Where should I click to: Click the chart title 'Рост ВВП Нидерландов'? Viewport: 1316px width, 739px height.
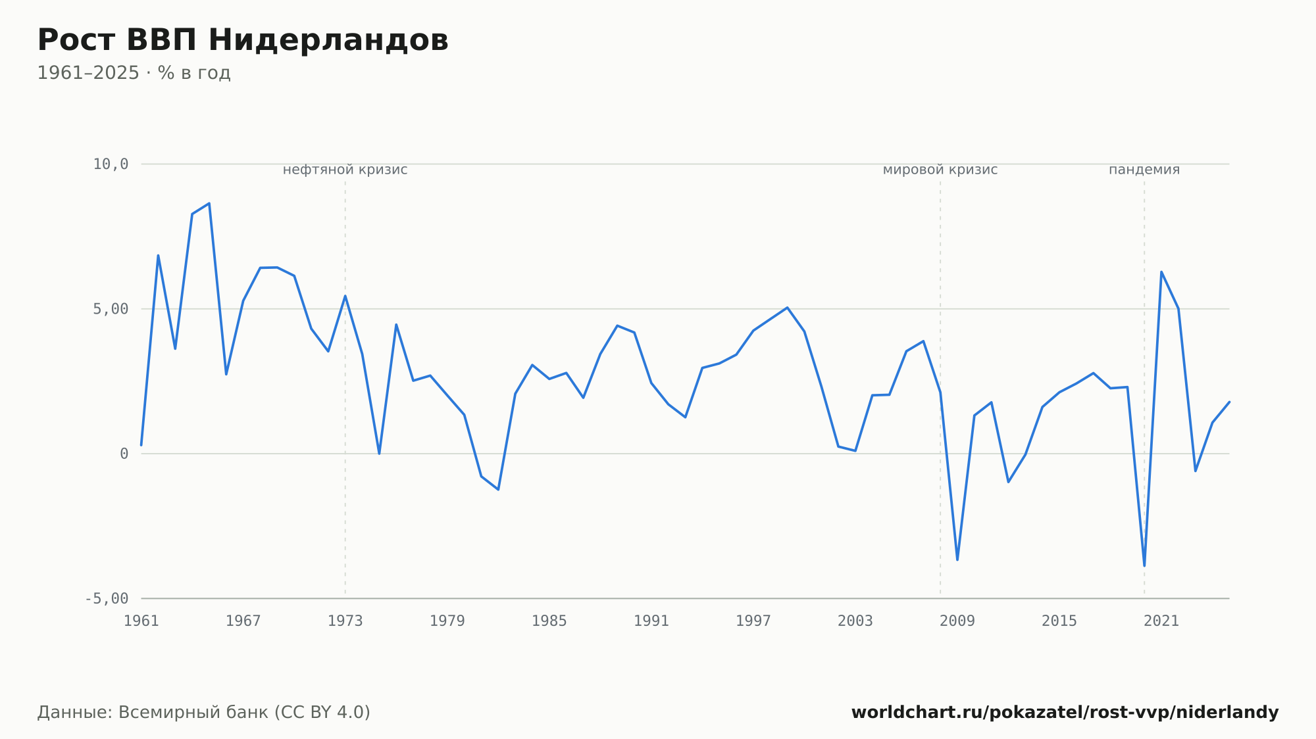(243, 40)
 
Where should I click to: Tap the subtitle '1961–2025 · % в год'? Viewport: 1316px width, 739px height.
(134, 73)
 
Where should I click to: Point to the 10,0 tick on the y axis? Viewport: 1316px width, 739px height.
(111, 164)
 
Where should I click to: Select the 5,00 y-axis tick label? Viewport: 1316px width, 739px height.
(111, 309)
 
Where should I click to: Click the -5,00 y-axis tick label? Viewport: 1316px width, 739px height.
(107, 598)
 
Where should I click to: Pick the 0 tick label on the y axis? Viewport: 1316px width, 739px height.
(124, 454)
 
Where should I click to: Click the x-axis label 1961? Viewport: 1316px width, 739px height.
(141, 621)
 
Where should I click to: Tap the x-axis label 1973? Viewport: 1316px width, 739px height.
(345, 621)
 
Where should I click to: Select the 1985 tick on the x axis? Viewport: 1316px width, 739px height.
(549, 621)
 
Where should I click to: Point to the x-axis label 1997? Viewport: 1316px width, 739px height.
(753, 621)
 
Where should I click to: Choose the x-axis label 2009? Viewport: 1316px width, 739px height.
(957, 621)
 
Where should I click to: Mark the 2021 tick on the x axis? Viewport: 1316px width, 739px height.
(1161, 621)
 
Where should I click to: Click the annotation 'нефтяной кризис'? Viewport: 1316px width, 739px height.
(345, 170)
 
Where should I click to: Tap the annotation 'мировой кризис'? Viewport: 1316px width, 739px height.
(940, 170)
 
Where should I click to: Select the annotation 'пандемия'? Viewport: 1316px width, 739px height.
(1144, 170)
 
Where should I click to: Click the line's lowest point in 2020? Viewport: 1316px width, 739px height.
(1144, 565)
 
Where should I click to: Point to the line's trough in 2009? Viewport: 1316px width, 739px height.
(957, 560)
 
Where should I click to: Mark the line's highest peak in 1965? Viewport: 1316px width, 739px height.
(209, 203)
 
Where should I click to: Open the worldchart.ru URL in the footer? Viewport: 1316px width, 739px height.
(1065, 713)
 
